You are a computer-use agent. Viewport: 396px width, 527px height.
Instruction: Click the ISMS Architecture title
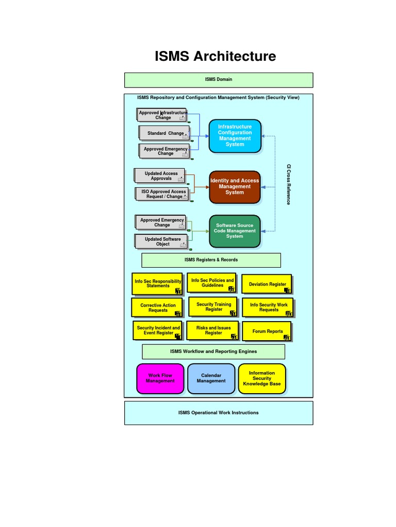[215, 56]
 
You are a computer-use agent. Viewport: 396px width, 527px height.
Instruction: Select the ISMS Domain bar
[218, 80]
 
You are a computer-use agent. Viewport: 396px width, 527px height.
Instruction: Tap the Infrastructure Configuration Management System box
[235, 136]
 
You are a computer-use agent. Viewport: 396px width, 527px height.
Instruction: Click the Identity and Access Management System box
[235, 187]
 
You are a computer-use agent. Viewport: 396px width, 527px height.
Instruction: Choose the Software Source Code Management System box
[235, 231]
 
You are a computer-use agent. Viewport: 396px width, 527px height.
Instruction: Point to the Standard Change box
[164, 133]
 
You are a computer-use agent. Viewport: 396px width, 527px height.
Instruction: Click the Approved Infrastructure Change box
[162, 115]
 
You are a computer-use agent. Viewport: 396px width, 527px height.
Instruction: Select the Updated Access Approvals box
[160, 176]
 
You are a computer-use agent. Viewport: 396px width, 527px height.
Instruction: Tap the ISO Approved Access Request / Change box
[163, 194]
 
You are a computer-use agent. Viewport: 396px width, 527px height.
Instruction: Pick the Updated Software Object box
[161, 241]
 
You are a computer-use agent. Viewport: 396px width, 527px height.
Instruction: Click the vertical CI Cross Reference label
[289, 184]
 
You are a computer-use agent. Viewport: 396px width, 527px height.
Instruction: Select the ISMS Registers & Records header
[211, 260]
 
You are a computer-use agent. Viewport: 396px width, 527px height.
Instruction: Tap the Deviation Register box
[267, 284]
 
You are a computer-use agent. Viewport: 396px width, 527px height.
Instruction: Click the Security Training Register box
[213, 307]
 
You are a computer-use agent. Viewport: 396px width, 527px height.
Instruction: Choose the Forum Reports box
[267, 331]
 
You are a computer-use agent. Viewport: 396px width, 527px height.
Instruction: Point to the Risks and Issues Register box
[212, 330]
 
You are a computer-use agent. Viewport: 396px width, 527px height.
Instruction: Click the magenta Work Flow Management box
[160, 378]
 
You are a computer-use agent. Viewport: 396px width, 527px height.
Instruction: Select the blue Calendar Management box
[211, 378]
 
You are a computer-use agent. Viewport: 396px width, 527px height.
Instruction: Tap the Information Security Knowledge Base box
[261, 378]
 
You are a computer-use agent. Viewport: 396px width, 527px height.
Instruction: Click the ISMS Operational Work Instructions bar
[218, 413]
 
